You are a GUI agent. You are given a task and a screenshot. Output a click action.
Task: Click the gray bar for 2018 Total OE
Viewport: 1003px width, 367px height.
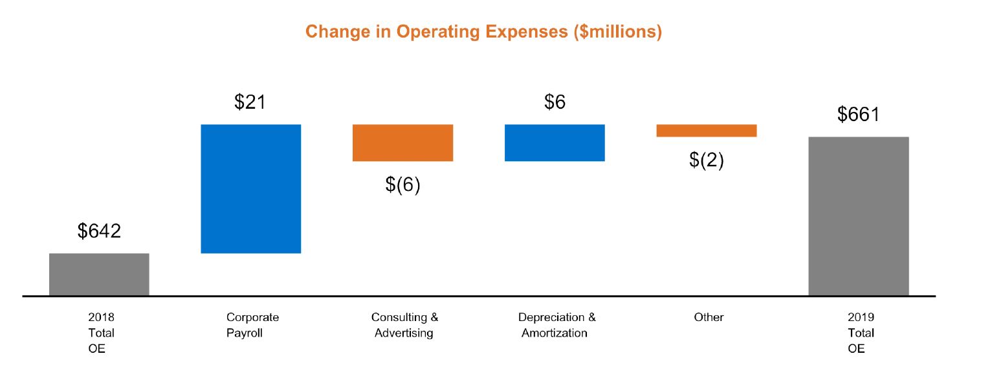click(99, 274)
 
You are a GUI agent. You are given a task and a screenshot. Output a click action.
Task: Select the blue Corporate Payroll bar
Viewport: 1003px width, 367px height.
click(251, 188)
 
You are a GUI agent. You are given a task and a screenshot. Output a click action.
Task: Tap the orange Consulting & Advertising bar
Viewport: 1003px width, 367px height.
click(402, 142)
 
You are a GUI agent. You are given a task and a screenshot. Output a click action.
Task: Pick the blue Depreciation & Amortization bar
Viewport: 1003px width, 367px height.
click(555, 142)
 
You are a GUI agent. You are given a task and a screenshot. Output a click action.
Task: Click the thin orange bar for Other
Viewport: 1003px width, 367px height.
click(707, 130)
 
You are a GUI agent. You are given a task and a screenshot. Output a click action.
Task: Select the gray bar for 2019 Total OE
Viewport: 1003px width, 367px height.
click(859, 216)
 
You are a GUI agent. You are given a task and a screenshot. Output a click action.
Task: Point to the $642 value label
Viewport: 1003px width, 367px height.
click(99, 231)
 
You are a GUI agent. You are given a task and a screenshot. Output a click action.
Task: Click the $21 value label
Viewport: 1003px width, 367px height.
click(250, 102)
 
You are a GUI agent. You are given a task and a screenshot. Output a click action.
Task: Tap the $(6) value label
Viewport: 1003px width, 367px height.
click(402, 184)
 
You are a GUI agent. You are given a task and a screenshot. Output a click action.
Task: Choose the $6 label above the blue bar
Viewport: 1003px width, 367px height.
click(555, 102)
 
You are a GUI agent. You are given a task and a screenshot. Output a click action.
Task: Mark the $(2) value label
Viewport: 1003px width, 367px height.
click(707, 160)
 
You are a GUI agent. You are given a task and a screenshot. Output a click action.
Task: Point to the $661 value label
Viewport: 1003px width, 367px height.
click(859, 115)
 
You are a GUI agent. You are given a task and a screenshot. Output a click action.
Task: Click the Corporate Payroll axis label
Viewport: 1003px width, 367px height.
click(252, 325)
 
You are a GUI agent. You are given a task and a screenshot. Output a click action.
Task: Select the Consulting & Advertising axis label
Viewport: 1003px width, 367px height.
click(404, 325)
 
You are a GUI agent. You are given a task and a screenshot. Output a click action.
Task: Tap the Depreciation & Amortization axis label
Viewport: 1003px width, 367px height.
click(557, 325)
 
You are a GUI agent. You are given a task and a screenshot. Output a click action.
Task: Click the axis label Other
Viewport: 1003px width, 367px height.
click(709, 317)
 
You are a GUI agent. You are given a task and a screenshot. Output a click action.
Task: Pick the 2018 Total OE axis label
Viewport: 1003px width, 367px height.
click(100, 333)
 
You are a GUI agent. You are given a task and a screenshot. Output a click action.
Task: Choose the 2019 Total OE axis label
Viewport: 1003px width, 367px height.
click(861, 333)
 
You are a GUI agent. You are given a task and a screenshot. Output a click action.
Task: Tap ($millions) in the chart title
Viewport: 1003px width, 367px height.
click(617, 32)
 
